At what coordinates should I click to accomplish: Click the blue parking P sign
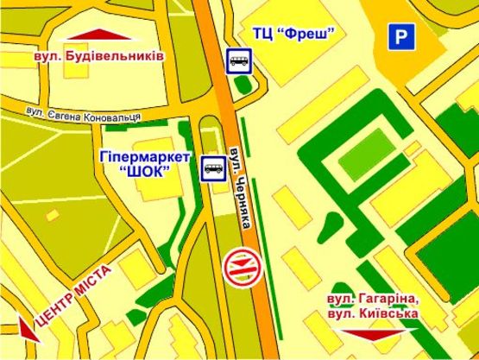tap(399, 36)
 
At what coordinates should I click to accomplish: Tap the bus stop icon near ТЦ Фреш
tap(240, 60)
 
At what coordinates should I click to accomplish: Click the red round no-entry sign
tap(236, 265)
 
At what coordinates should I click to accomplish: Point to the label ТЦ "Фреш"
tap(293, 34)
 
